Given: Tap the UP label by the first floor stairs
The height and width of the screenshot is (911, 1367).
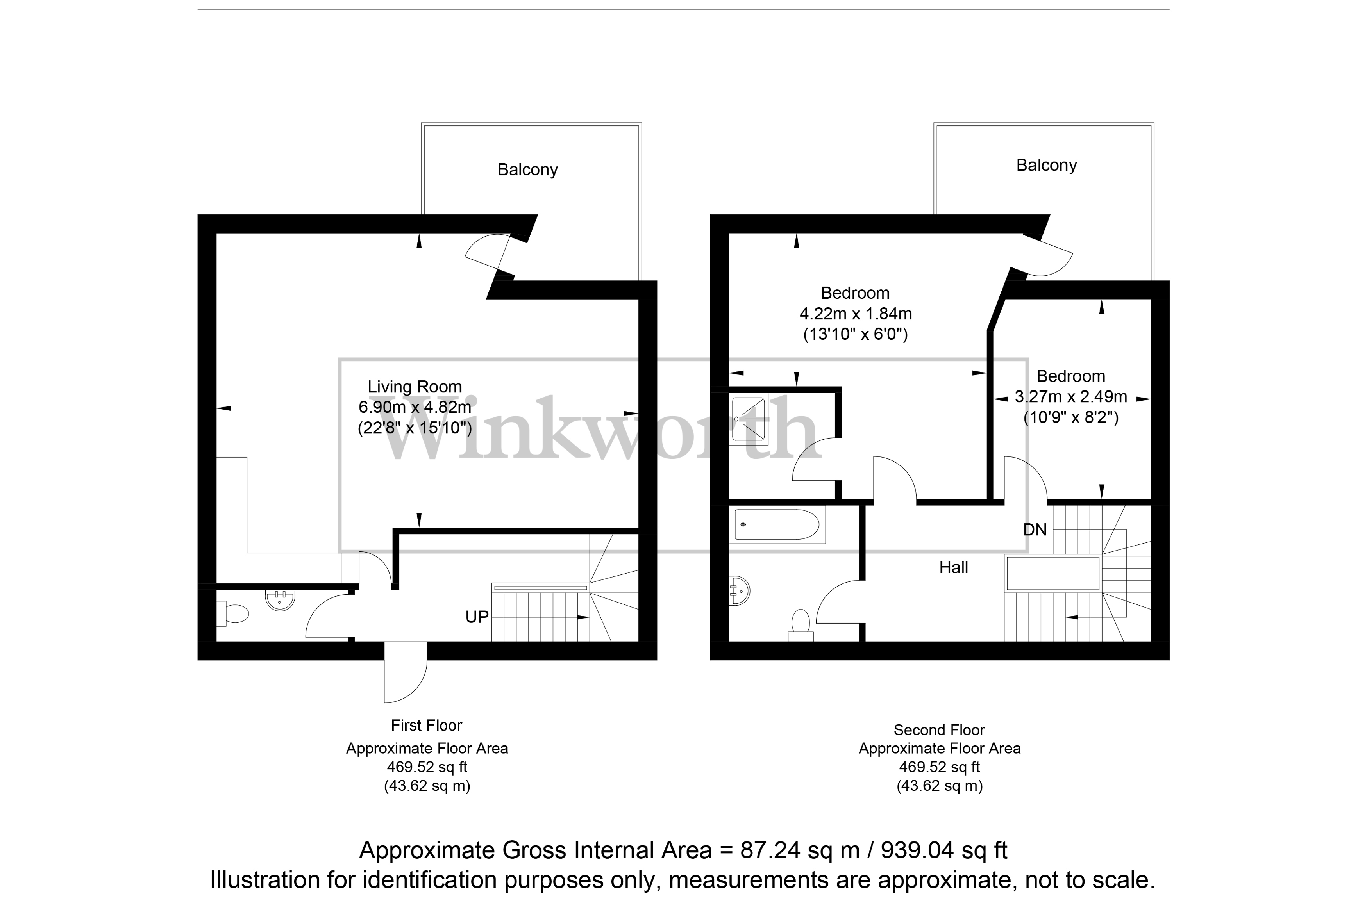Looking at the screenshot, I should [477, 617].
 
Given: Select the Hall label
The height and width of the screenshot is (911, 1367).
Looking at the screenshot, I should [953, 568].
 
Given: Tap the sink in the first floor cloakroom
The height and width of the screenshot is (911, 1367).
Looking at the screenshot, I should [280, 599].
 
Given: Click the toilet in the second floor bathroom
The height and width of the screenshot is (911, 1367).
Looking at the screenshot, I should [801, 623].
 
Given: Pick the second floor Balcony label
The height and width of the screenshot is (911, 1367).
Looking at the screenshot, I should [1046, 166].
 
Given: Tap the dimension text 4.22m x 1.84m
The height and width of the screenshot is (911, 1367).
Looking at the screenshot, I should [855, 314].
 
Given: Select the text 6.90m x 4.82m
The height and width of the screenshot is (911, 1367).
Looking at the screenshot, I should [415, 407].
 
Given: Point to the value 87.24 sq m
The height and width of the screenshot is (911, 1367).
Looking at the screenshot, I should [799, 850].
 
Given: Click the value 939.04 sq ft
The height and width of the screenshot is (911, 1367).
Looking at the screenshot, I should [944, 850].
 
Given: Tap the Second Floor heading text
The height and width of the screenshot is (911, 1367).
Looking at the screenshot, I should [939, 730].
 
